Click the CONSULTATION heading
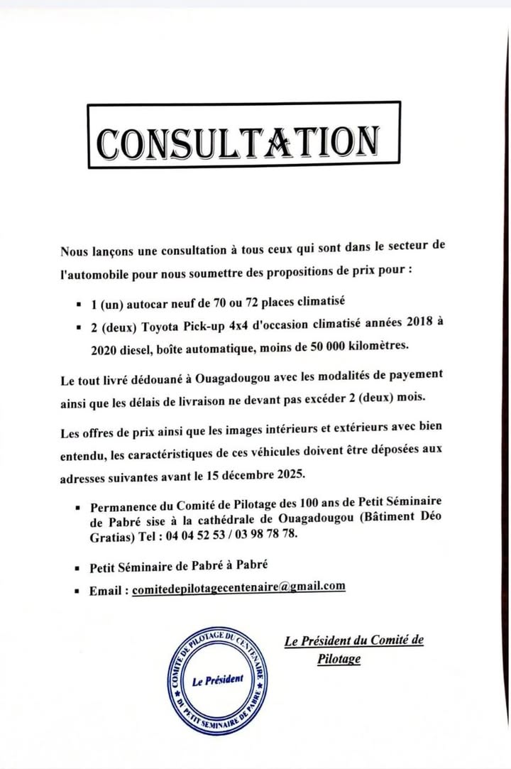239,142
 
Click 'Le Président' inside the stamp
218,680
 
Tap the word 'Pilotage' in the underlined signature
339,660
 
